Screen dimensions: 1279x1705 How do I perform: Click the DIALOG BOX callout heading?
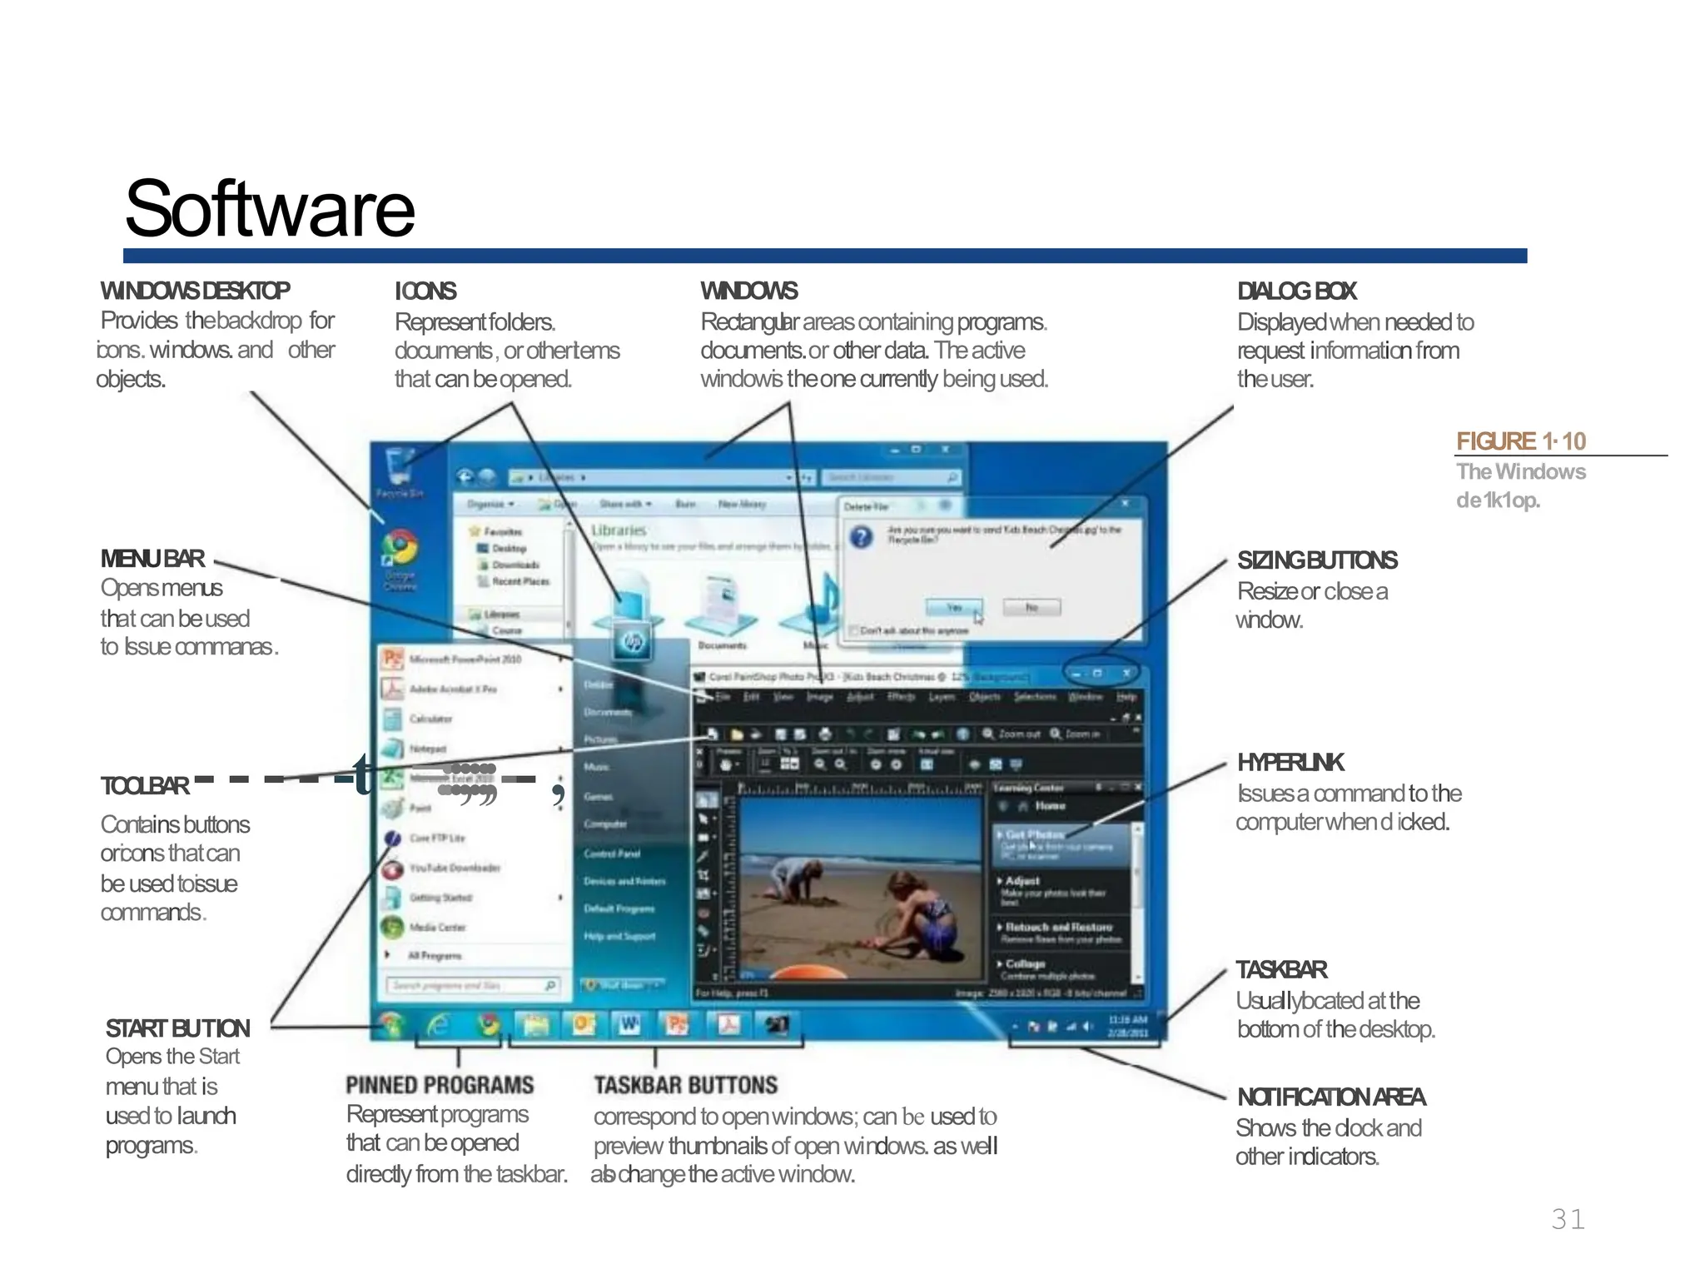point(1296,291)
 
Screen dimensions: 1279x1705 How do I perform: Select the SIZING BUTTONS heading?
point(1316,560)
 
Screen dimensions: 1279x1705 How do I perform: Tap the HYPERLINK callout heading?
point(1290,763)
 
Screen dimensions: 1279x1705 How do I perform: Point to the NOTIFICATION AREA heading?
point(1330,1097)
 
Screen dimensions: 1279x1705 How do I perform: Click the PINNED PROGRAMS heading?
point(440,1085)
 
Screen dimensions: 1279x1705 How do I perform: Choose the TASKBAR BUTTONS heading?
point(685,1085)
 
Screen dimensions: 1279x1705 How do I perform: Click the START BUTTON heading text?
point(177,1028)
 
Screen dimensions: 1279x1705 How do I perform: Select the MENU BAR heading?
point(152,559)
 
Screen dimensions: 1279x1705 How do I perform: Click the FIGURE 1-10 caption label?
point(1520,441)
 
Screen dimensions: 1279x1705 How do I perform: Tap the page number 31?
point(1568,1219)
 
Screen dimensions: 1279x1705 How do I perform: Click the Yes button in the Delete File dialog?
point(953,607)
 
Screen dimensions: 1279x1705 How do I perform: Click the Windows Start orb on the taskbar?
point(390,1025)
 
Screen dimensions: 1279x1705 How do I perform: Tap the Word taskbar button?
point(629,1025)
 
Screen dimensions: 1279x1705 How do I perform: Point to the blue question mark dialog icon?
point(862,537)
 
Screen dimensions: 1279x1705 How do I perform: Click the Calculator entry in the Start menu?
point(430,719)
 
